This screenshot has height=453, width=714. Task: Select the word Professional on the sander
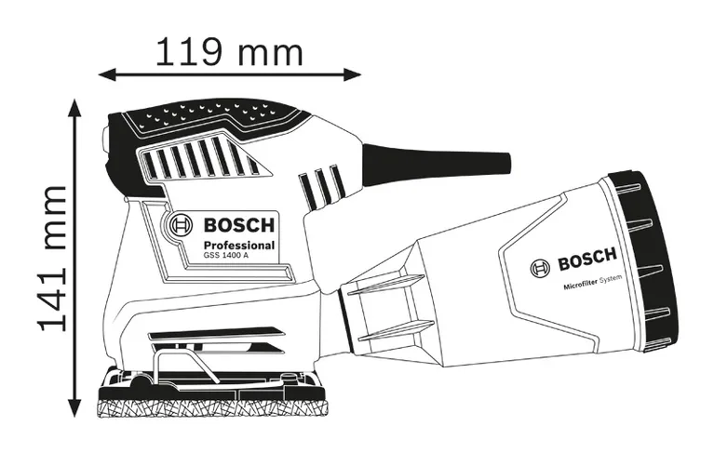pos(238,246)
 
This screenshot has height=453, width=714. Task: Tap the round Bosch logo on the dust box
pos(539,268)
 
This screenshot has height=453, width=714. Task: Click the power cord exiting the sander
pos(438,160)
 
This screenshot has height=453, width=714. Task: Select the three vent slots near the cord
pos(321,187)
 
